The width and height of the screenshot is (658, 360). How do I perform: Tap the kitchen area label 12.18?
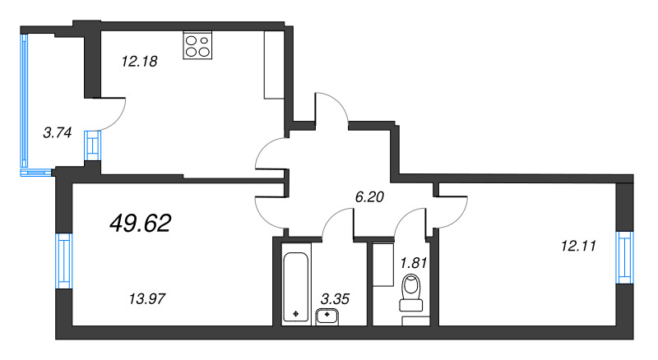pos(139,60)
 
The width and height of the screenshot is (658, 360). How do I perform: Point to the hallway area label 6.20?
pos(369,196)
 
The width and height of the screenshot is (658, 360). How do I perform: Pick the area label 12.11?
pos(576,244)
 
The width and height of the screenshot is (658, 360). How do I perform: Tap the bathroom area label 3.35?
pos(336,298)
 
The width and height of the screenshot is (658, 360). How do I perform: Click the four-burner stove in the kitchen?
pos(197,44)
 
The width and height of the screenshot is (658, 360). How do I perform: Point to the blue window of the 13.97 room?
pos(63,259)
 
